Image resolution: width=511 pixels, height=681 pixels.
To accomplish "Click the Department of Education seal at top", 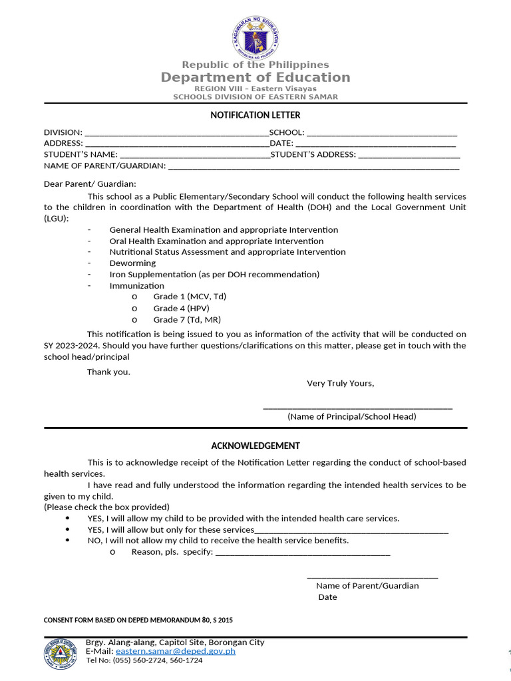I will click(255, 37).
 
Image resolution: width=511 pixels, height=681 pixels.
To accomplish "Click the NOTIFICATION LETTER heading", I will click(255, 115).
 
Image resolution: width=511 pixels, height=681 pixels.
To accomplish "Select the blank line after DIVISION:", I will click(176, 133).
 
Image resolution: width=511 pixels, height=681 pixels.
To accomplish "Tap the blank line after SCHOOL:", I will click(381, 133).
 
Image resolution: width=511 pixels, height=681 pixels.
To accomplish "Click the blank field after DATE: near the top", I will click(375, 144).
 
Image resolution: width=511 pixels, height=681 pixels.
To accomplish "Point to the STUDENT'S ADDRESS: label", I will click(313, 155).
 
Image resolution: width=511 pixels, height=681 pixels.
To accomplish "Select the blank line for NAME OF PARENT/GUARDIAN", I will click(313, 166).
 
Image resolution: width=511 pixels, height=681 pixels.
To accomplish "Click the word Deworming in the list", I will click(132, 263).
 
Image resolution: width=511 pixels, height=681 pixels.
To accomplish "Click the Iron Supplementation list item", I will click(214, 275).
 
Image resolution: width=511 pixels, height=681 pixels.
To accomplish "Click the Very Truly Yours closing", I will click(340, 383).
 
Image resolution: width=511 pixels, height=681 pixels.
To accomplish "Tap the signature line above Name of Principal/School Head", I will click(357, 407).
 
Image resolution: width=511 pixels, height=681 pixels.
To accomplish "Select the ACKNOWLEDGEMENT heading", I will click(255, 446).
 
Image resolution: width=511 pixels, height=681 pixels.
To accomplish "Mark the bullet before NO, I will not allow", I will click(69, 541).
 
